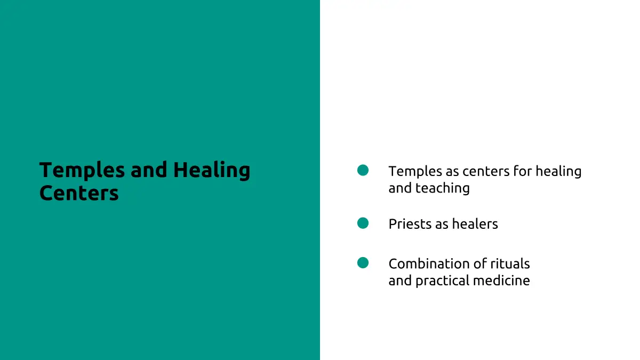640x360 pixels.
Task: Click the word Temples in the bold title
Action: coord(82,171)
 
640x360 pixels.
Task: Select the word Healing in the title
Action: coord(212,171)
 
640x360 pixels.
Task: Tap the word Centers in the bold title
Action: coord(79,194)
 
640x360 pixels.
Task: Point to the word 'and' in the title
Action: coord(149,170)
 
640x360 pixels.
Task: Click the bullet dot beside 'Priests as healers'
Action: coord(363,223)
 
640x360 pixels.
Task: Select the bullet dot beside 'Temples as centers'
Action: coord(363,170)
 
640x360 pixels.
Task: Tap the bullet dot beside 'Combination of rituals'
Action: coord(363,263)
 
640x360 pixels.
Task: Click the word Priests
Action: coord(410,224)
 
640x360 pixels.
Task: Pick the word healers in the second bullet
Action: coord(475,224)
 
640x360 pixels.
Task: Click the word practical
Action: coord(442,281)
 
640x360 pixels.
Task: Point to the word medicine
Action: coord(501,281)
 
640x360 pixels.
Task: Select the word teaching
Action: coord(442,189)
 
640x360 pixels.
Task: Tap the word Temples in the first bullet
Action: coord(415,172)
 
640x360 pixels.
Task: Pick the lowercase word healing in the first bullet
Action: coord(558,172)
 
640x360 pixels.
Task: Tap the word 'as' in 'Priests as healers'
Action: coord(442,225)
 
